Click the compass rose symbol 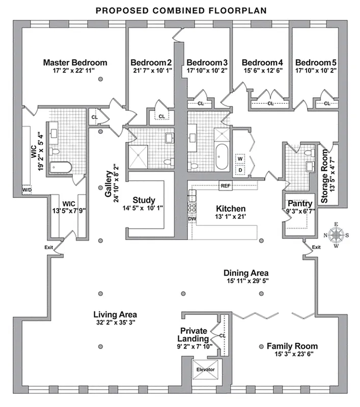click(336, 235)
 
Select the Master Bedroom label click(75, 63)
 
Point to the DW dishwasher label click(192, 219)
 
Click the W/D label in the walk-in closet click(27, 190)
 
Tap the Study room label click(144, 200)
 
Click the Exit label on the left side click(49, 247)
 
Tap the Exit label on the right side click(316, 247)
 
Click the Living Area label click(114, 314)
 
